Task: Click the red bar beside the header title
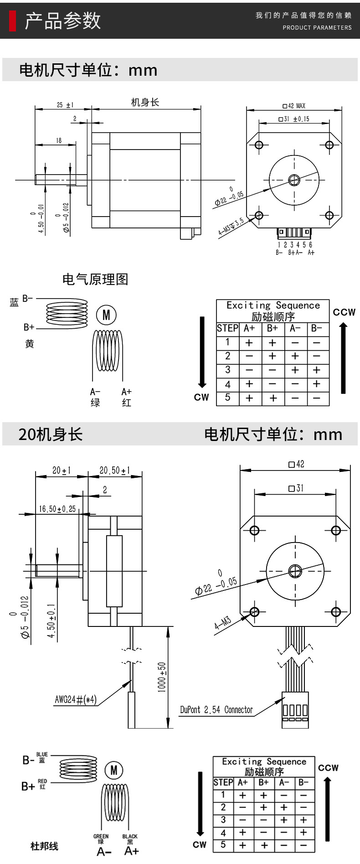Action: tap(13, 21)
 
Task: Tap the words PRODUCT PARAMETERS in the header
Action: tap(317, 27)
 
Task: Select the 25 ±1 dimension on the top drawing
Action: tap(65, 105)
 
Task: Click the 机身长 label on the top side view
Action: tap(145, 102)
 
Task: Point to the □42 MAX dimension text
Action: tap(294, 106)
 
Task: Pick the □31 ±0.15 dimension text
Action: tap(293, 119)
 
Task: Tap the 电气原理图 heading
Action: tap(95, 279)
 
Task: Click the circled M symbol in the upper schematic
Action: tap(106, 315)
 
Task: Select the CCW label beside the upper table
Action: tap(344, 312)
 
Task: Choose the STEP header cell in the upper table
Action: tap(227, 328)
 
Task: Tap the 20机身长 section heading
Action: tap(51, 434)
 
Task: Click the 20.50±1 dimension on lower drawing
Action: tap(115, 470)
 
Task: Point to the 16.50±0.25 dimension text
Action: tap(57, 509)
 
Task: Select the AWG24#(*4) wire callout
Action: tap(76, 699)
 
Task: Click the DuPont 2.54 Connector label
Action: tap(216, 709)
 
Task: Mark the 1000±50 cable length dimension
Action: tap(162, 677)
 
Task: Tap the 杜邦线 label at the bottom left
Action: tap(44, 846)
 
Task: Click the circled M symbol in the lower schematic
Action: tap(114, 770)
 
